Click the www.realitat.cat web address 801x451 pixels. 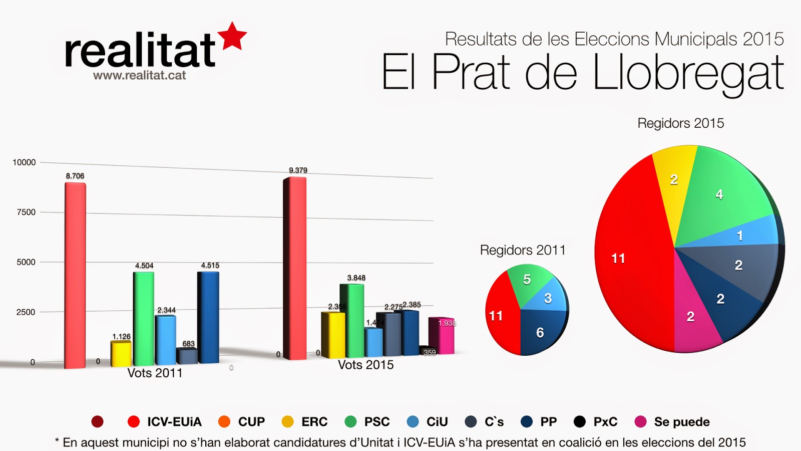tap(139, 76)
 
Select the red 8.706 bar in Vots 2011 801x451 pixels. tap(75, 276)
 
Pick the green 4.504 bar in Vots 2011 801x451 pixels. tap(144, 318)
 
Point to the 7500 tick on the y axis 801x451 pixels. tap(26, 212)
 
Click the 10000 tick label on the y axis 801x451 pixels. tap(24, 162)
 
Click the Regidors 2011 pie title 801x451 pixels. tap(523, 250)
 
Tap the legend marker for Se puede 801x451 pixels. tap(640, 422)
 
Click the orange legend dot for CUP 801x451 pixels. tap(224, 422)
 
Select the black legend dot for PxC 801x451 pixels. tap(580, 422)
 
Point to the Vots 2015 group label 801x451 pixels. tap(365, 365)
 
